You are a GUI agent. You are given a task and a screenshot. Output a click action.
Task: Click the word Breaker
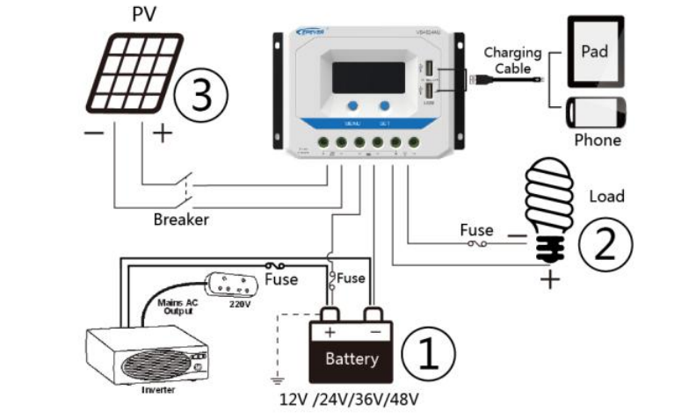point(181,220)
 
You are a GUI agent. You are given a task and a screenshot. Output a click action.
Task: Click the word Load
point(605,196)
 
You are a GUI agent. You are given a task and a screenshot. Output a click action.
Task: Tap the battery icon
point(352,346)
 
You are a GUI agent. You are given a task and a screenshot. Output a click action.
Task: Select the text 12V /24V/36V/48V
point(349,400)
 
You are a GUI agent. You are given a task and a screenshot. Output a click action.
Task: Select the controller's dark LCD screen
point(367,76)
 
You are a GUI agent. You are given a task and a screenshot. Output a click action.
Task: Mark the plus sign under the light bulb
point(550,280)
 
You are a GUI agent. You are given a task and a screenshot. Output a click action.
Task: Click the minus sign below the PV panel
point(93,134)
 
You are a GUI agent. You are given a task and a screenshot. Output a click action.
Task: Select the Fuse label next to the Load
point(476,230)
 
